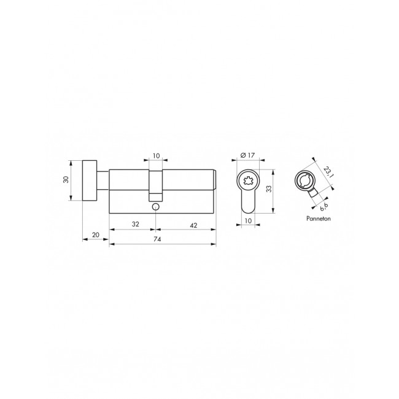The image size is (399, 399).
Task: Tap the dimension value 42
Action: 192,225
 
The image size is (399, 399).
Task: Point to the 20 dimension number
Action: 96,234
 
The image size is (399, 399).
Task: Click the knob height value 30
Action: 67,180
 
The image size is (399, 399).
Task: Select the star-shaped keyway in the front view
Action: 248,180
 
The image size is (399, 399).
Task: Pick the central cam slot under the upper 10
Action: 155,184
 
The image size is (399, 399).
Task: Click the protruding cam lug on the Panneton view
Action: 315,194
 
